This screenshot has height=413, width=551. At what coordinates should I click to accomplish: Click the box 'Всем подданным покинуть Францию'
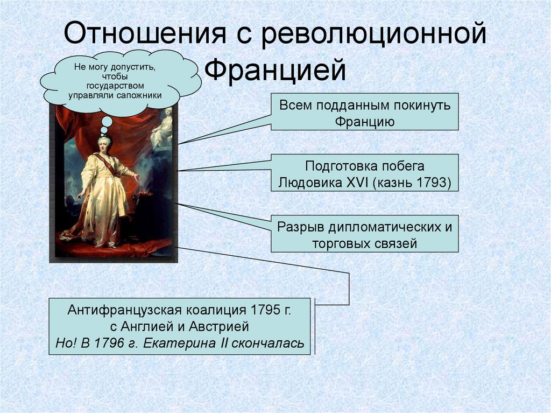tap(364, 112)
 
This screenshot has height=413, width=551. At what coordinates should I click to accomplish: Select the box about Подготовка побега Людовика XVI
tap(364, 173)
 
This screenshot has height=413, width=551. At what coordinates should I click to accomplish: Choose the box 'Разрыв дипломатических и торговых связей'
tap(364, 234)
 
